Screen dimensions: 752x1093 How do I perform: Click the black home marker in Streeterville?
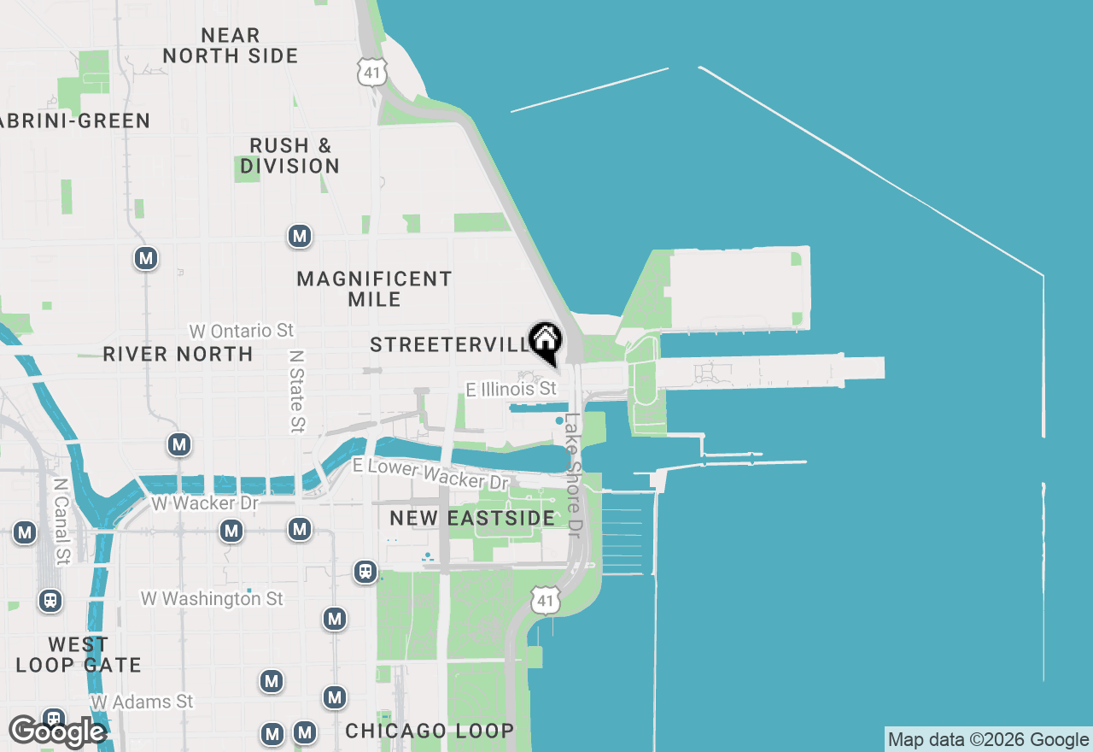click(545, 341)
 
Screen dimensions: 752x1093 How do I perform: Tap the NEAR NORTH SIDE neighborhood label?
click(231, 46)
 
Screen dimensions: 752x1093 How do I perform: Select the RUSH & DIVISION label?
click(289, 156)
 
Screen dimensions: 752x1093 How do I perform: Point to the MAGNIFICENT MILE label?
click(374, 289)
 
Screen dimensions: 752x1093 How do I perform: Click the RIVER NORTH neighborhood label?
click(178, 354)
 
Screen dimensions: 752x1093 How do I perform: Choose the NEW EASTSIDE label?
click(472, 518)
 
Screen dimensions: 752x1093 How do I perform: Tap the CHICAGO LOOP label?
click(430, 731)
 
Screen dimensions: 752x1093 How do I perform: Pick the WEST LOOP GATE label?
click(78, 655)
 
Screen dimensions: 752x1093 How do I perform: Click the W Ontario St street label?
click(242, 331)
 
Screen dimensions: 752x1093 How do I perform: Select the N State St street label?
click(296, 390)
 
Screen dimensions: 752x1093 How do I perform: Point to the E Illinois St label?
click(511, 390)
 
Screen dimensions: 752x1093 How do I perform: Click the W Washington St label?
click(212, 599)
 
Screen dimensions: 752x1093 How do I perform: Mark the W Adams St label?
click(143, 702)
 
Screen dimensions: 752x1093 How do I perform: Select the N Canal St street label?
click(61, 520)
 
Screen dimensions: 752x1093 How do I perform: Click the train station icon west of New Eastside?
click(365, 571)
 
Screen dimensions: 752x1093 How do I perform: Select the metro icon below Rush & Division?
click(299, 236)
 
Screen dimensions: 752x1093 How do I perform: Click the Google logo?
click(56, 731)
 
